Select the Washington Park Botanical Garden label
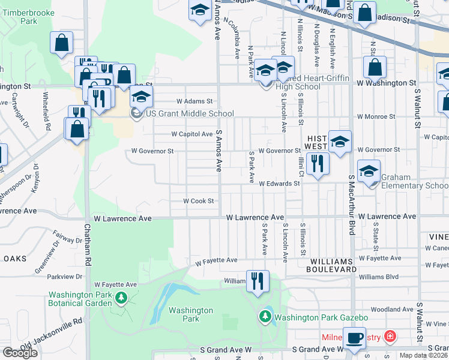[x=80, y=299]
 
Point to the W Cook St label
[x=198, y=202]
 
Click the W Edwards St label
[x=279, y=184]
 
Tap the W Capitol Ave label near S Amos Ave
[x=191, y=134]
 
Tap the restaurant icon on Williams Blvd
[x=258, y=281]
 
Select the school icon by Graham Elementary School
[x=369, y=170]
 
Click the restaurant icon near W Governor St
[x=317, y=163]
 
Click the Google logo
[x=20, y=353]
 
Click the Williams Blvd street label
[x=378, y=277]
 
